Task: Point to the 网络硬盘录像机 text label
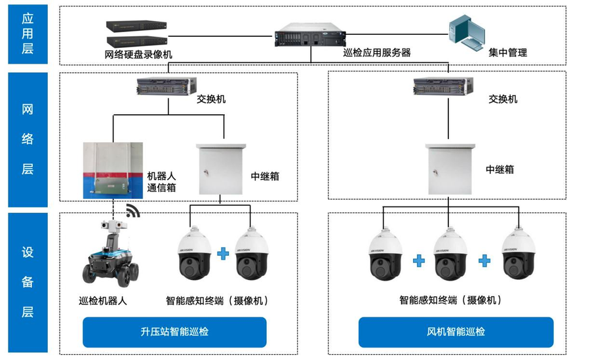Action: (x=138, y=54)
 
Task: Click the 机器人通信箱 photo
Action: (x=113, y=170)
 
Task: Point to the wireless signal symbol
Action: (x=134, y=211)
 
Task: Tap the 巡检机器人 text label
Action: (x=103, y=301)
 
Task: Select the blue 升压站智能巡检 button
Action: (x=174, y=332)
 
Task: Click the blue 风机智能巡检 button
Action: (x=456, y=332)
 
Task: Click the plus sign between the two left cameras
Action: (x=223, y=253)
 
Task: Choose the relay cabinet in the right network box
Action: (x=448, y=169)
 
